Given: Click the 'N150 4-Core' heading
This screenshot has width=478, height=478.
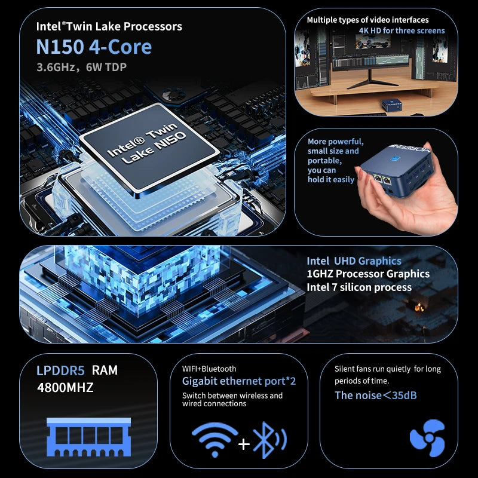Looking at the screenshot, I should (94, 47).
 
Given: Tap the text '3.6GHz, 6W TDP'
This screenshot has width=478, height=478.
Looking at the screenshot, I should (81, 67).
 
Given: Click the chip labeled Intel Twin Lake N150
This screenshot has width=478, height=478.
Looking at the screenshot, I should (149, 147).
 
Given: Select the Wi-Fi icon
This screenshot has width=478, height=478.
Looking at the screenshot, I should (215, 440).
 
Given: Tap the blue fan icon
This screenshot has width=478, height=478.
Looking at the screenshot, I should (427, 438).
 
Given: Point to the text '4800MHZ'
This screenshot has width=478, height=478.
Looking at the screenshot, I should (65, 387).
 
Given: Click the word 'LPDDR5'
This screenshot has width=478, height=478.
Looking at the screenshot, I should (62, 370).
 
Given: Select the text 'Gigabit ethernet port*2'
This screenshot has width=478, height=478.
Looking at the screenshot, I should (239, 381).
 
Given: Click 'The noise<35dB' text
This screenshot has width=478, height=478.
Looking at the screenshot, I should (376, 395).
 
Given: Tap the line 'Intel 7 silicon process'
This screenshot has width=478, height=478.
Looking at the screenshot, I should (358, 287).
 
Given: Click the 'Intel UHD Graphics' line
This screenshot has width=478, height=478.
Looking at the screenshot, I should (354, 261).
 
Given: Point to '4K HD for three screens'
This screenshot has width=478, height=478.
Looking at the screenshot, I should (402, 30).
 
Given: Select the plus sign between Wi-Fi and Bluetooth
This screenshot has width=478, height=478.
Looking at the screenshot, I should (244, 444).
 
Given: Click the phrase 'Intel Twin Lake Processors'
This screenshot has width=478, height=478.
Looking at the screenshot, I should (109, 26).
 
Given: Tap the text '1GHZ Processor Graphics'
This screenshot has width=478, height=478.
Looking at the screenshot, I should (367, 274).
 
